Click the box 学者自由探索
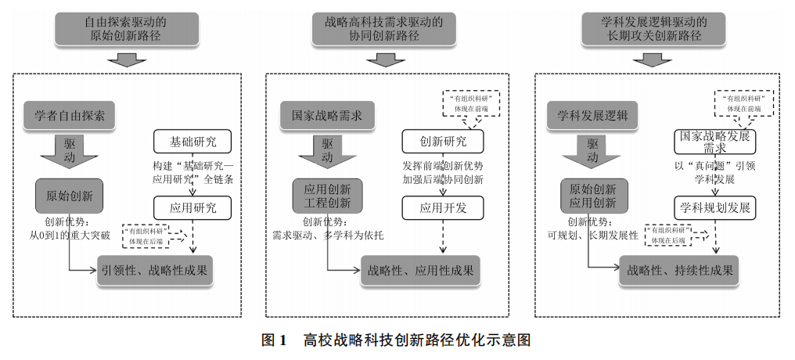[69, 116]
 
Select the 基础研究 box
[193, 142]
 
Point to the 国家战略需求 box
[326, 117]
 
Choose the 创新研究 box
[443, 142]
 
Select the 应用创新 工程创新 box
[327, 195]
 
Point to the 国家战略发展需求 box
[712, 142]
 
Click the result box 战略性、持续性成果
[678, 270]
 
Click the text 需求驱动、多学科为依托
[328, 235]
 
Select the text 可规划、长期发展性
[592, 235]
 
